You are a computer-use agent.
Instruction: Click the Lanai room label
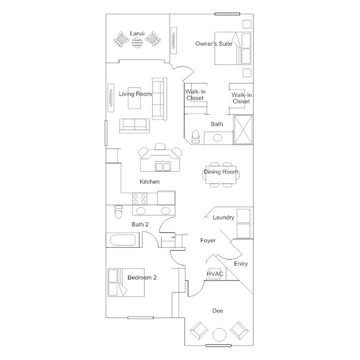(137, 33)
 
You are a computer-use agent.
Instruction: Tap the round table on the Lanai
(137, 42)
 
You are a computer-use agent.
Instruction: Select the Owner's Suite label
(214, 43)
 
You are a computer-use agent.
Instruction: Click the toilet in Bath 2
(118, 211)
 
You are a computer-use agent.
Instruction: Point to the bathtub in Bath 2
(123, 240)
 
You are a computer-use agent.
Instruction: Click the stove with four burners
(140, 199)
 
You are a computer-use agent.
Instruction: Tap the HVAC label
(215, 274)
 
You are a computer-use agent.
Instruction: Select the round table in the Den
(220, 335)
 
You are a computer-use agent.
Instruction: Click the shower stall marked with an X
(243, 130)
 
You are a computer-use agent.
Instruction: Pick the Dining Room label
(221, 172)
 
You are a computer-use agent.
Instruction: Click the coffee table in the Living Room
(134, 98)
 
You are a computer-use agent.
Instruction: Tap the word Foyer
(208, 241)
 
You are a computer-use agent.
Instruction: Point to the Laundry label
(224, 217)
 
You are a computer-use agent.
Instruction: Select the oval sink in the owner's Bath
(217, 138)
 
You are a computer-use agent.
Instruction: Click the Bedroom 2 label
(142, 277)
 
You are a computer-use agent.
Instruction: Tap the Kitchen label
(149, 181)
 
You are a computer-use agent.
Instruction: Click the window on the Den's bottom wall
(219, 345)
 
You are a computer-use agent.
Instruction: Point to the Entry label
(241, 264)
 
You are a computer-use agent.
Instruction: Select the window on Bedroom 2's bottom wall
(140, 318)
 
